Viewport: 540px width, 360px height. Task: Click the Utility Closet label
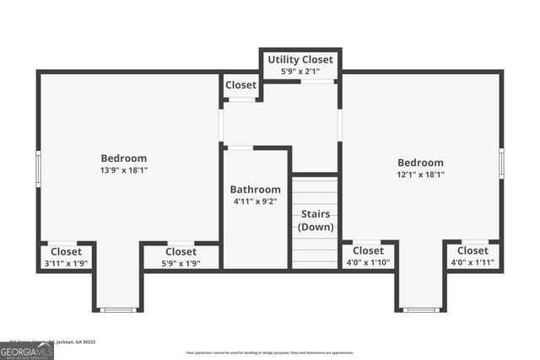[x=300, y=60]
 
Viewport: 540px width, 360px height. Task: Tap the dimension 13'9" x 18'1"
[x=124, y=170]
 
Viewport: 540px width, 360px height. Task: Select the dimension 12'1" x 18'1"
[x=420, y=175]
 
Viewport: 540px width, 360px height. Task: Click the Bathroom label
[x=256, y=190]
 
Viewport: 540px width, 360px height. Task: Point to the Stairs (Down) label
[x=316, y=220]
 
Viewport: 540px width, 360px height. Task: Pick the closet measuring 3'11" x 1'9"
[x=66, y=257]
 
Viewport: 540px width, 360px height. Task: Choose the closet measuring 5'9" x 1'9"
[x=181, y=257]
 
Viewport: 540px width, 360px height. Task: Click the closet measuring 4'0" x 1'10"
[x=368, y=256]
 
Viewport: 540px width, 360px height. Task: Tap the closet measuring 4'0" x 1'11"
[x=472, y=256]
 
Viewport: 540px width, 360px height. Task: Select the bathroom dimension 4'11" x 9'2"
[x=256, y=201]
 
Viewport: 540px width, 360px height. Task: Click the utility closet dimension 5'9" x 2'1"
[x=300, y=72]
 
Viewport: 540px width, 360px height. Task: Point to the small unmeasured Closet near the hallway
[x=240, y=85]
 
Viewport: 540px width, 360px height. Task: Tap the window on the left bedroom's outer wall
[x=38, y=168]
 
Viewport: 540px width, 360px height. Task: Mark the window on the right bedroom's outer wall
[x=501, y=163]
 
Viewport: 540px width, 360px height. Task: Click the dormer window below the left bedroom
[x=118, y=310]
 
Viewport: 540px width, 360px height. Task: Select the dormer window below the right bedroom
[x=420, y=310]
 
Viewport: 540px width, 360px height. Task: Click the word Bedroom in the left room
[x=124, y=158]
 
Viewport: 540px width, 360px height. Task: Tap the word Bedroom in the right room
[x=420, y=163]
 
